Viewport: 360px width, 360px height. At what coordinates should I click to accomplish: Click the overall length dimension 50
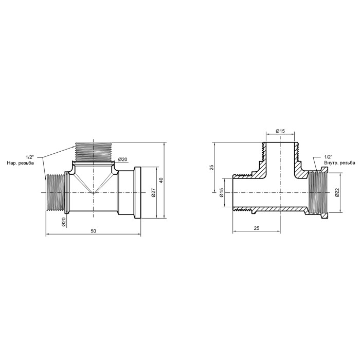pyautogui.click(x=93, y=231)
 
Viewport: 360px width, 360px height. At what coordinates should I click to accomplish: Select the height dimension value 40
pyautogui.click(x=161, y=180)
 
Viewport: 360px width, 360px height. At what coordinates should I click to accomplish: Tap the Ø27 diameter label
pyautogui.click(x=154, y=192)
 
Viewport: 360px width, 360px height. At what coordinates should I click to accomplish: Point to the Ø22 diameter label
pyautogui.click(x=337, y=193)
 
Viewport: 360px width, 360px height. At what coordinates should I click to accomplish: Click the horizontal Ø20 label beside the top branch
pyautogui.click(x=123, y=159)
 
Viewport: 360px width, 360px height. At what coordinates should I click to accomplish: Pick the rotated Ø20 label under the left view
pyautogui.click(x=64, y=222)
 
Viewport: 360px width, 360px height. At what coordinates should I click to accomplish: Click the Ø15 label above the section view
pyautogui.click(x=280, y=131)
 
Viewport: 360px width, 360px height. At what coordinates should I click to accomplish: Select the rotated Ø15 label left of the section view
pyautogui.click(x=221, y=192)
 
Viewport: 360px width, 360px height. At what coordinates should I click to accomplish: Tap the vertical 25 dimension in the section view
pyautogui.click(x=212, y=167)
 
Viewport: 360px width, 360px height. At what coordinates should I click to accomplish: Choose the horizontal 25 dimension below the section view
pyautogui.click(x=257, y=228)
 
